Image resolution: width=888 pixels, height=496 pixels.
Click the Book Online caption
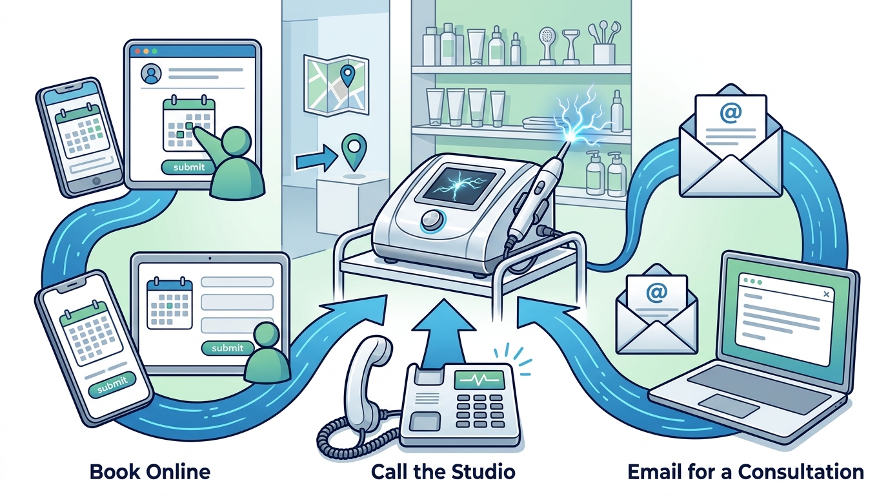[150, 472]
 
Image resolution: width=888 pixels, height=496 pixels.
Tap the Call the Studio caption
[443, 472]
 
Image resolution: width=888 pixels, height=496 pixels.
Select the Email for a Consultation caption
[745, 472]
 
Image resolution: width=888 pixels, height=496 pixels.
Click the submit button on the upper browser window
[189, 167]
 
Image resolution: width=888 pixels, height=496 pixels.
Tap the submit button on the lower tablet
[227, 348]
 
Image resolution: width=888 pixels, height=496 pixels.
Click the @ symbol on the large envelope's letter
[731, 113]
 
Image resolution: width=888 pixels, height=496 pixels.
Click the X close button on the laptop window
[826, 294]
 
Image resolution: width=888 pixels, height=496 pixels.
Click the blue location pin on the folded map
[348, 76]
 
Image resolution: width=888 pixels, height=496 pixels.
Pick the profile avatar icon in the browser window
[151, 74]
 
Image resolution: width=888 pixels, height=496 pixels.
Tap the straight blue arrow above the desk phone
[443, 334]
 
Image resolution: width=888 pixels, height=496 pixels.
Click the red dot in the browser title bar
[138, 52]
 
